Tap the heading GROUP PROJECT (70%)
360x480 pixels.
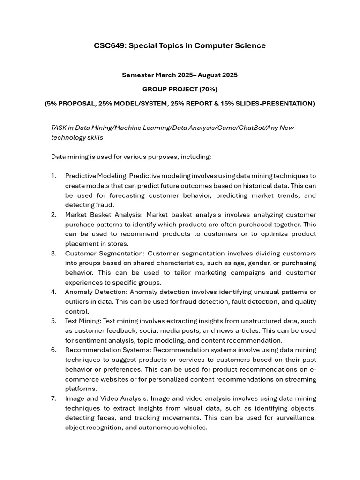[x=180, y=89]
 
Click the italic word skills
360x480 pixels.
[x=94, y=137]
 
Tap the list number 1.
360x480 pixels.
[x=54, y=176]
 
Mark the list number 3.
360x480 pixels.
[x=54, y=254]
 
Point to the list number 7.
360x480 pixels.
[x=54, y=398]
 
